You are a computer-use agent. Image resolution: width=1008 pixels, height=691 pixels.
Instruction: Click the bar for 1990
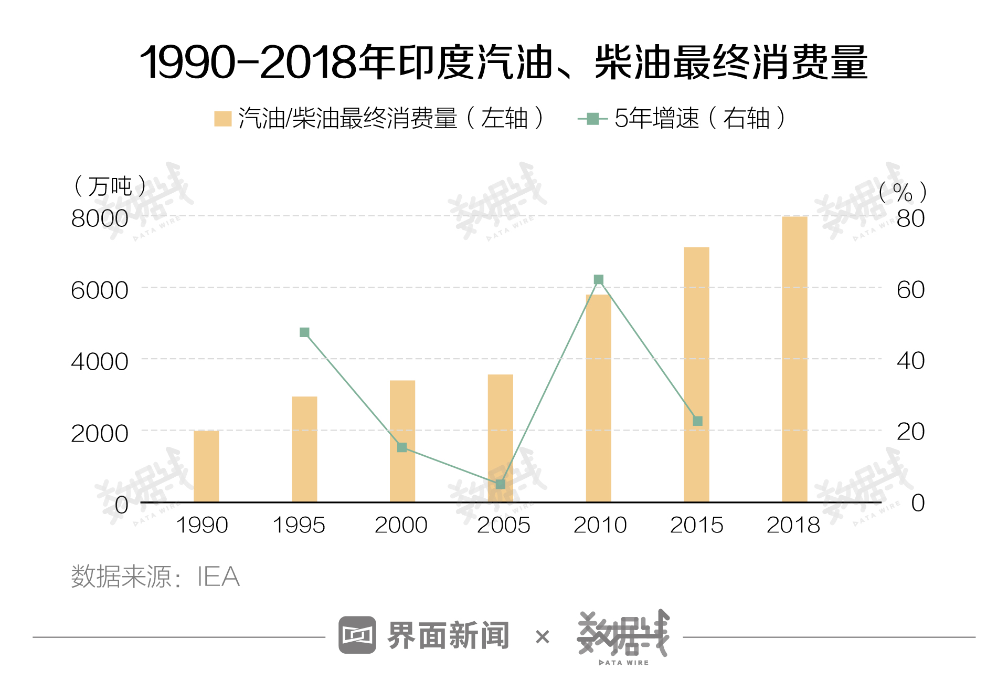pos(206,466)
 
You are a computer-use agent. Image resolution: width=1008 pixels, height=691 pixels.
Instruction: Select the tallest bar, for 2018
pos(794,359)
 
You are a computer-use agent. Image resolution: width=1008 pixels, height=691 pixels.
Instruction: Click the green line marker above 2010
pos(599,280)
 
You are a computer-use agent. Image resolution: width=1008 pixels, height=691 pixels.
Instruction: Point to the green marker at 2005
pos(501,484)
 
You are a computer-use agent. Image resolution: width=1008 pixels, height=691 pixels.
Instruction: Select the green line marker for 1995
pos(304,332)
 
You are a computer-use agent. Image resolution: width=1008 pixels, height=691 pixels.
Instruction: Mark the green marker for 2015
pos(697,421)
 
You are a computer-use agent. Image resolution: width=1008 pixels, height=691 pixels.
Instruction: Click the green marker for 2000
pos(402,447)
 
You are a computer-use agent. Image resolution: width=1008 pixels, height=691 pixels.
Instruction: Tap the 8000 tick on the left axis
pos(100,218)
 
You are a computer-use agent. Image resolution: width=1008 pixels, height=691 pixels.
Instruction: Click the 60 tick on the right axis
pos(910,290)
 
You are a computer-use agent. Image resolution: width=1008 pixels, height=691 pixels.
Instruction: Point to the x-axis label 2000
pos(401,525)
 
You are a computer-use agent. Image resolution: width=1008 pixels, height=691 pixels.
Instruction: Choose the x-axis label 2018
pos(793,525)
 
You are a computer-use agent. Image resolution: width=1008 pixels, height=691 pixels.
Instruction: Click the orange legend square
pos(223,119)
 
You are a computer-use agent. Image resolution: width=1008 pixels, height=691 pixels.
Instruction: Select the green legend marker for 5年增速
pos(592,119)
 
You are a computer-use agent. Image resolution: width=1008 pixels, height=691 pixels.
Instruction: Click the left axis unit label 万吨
pos(110,186)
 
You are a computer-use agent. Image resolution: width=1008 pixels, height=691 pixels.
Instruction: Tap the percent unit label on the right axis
pos(903,192)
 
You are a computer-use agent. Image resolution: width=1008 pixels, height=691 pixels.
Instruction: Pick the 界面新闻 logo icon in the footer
pos(357,635)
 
